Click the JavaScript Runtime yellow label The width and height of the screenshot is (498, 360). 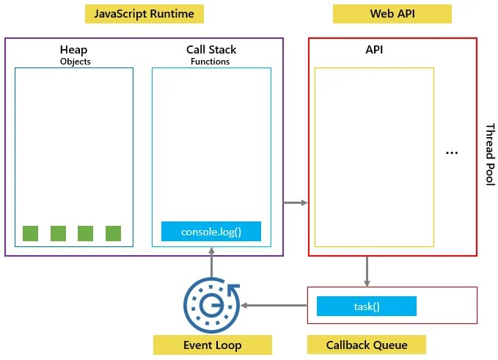click(x=144, y=14)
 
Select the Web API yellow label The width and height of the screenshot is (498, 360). click(x=392, y=14)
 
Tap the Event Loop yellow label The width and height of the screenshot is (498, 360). click(x=212, y=345)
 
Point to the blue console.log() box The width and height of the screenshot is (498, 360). click(x=211, y=232)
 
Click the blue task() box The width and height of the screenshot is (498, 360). click(x=366, y=306)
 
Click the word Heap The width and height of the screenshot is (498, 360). click(x=73, y=50)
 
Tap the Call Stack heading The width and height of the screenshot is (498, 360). click(x=211, y=50)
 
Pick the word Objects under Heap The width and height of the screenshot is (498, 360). click(x=74, y=62)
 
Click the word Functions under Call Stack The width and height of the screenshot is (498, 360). click(x=211, y=62)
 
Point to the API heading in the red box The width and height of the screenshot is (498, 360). click(x=374, y=50)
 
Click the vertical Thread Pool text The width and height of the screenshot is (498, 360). click(x=490, y=155)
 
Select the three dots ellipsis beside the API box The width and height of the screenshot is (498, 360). click(x=452, y=153)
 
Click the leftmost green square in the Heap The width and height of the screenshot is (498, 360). click(x=30, y=233)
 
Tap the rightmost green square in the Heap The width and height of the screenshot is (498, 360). click(x=113, y=233)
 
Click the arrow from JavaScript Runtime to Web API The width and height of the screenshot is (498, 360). click(x=296, y=202)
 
